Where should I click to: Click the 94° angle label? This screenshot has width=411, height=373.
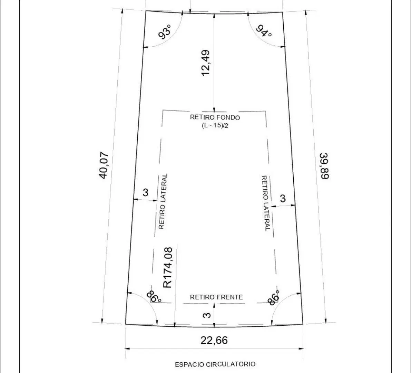pos(264,31)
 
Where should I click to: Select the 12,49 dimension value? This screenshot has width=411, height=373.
pos(206,63)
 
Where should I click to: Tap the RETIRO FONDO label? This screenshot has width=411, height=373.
pos(215,117)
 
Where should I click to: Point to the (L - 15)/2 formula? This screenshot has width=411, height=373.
pos(215,125)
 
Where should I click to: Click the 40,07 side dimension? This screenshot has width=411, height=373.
pos(104,165)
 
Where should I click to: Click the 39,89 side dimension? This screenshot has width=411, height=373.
pos(325,166)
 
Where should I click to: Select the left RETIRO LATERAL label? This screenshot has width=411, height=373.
pos(163,201)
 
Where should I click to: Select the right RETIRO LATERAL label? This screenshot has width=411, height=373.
pos(265,203)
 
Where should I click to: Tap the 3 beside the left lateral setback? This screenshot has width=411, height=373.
pos(146,192)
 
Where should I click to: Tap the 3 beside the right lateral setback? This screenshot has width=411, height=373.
pos(283,198)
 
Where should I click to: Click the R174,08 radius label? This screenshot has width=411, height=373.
pos(168,268)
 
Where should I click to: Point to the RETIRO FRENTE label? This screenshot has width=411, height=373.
pos(216,297)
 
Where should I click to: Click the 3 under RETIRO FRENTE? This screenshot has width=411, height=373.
pos(207,315)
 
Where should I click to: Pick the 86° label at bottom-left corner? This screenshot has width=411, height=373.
pos(154,297)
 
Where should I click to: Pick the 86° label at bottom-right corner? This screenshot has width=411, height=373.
pos(274,298)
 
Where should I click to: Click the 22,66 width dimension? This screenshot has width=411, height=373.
pos(214,341)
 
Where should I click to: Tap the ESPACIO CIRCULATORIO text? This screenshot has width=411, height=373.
pos(215,364)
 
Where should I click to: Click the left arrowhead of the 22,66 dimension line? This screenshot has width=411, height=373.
pos(127,348)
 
